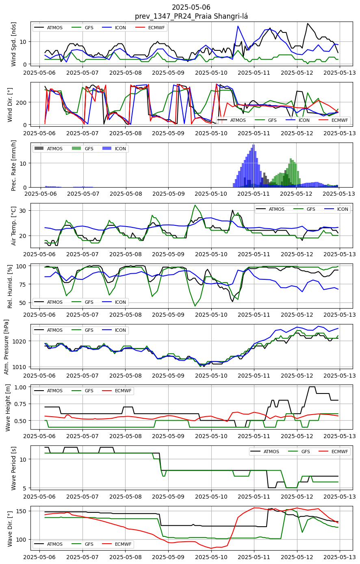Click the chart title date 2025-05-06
[191, 7]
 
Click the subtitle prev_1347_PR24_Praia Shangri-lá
[191, 16]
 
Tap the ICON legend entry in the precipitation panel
[114, 149]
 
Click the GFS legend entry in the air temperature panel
[304, 209]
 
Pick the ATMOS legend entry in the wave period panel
[264, 452]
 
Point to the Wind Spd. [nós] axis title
[13, 44]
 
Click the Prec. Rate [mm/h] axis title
[13, 165]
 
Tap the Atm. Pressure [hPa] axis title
[6, 347]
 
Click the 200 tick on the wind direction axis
[24, 102]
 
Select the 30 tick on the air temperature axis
[23, 210]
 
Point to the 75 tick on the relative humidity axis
[23, 284]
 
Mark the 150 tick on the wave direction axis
[22, 511]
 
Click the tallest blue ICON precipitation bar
[254, 166]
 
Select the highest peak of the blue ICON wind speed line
[238, 26]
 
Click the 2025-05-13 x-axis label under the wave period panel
[340, 497]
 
